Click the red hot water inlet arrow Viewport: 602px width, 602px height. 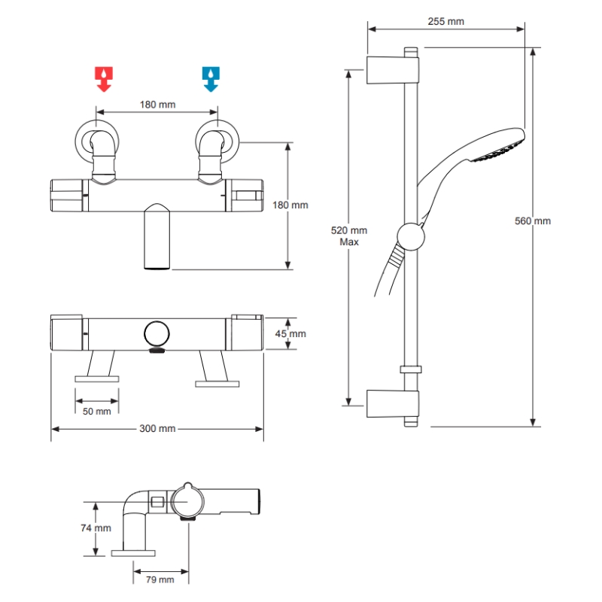104,79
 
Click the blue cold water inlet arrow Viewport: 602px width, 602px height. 211,79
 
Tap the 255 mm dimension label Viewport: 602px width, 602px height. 445,22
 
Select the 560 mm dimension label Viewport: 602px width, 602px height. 533,220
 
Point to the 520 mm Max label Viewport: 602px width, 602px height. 349,236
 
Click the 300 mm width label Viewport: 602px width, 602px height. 157,428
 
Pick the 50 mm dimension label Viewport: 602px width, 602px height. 97,411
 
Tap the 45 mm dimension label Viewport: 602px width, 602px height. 290,333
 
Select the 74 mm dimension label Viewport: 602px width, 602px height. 96,528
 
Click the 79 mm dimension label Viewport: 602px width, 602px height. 160,579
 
